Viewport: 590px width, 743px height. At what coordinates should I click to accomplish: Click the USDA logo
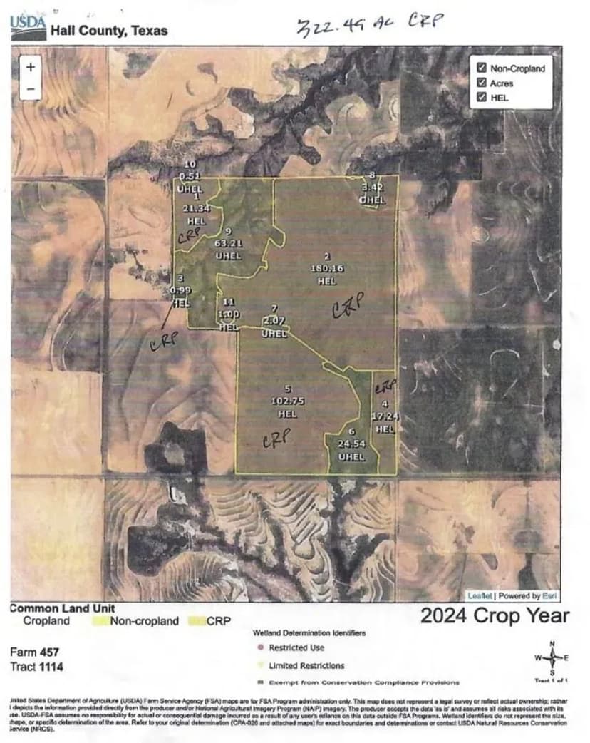click(28, 27)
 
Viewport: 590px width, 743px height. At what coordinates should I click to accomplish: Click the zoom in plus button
click(31, 67)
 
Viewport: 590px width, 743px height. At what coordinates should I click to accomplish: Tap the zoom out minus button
click(31, 88)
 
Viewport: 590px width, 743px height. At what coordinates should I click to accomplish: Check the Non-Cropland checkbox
click(482, 68)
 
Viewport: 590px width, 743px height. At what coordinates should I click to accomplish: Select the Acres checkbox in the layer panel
click(482, 83)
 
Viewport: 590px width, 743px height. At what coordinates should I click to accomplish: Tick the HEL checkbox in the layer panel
click(482, 97)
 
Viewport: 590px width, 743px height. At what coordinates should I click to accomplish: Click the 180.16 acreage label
click(327, 268)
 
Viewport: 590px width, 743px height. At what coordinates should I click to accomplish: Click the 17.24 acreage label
click(384, 415)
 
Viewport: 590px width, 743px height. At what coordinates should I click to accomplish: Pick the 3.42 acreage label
click(372, 188)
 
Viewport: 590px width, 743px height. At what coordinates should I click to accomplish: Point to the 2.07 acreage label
click(274, 321)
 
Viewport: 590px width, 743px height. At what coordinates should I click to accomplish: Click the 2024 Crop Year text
click(495, 615)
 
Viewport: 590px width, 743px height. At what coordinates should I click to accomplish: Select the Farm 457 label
click(34, 652)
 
